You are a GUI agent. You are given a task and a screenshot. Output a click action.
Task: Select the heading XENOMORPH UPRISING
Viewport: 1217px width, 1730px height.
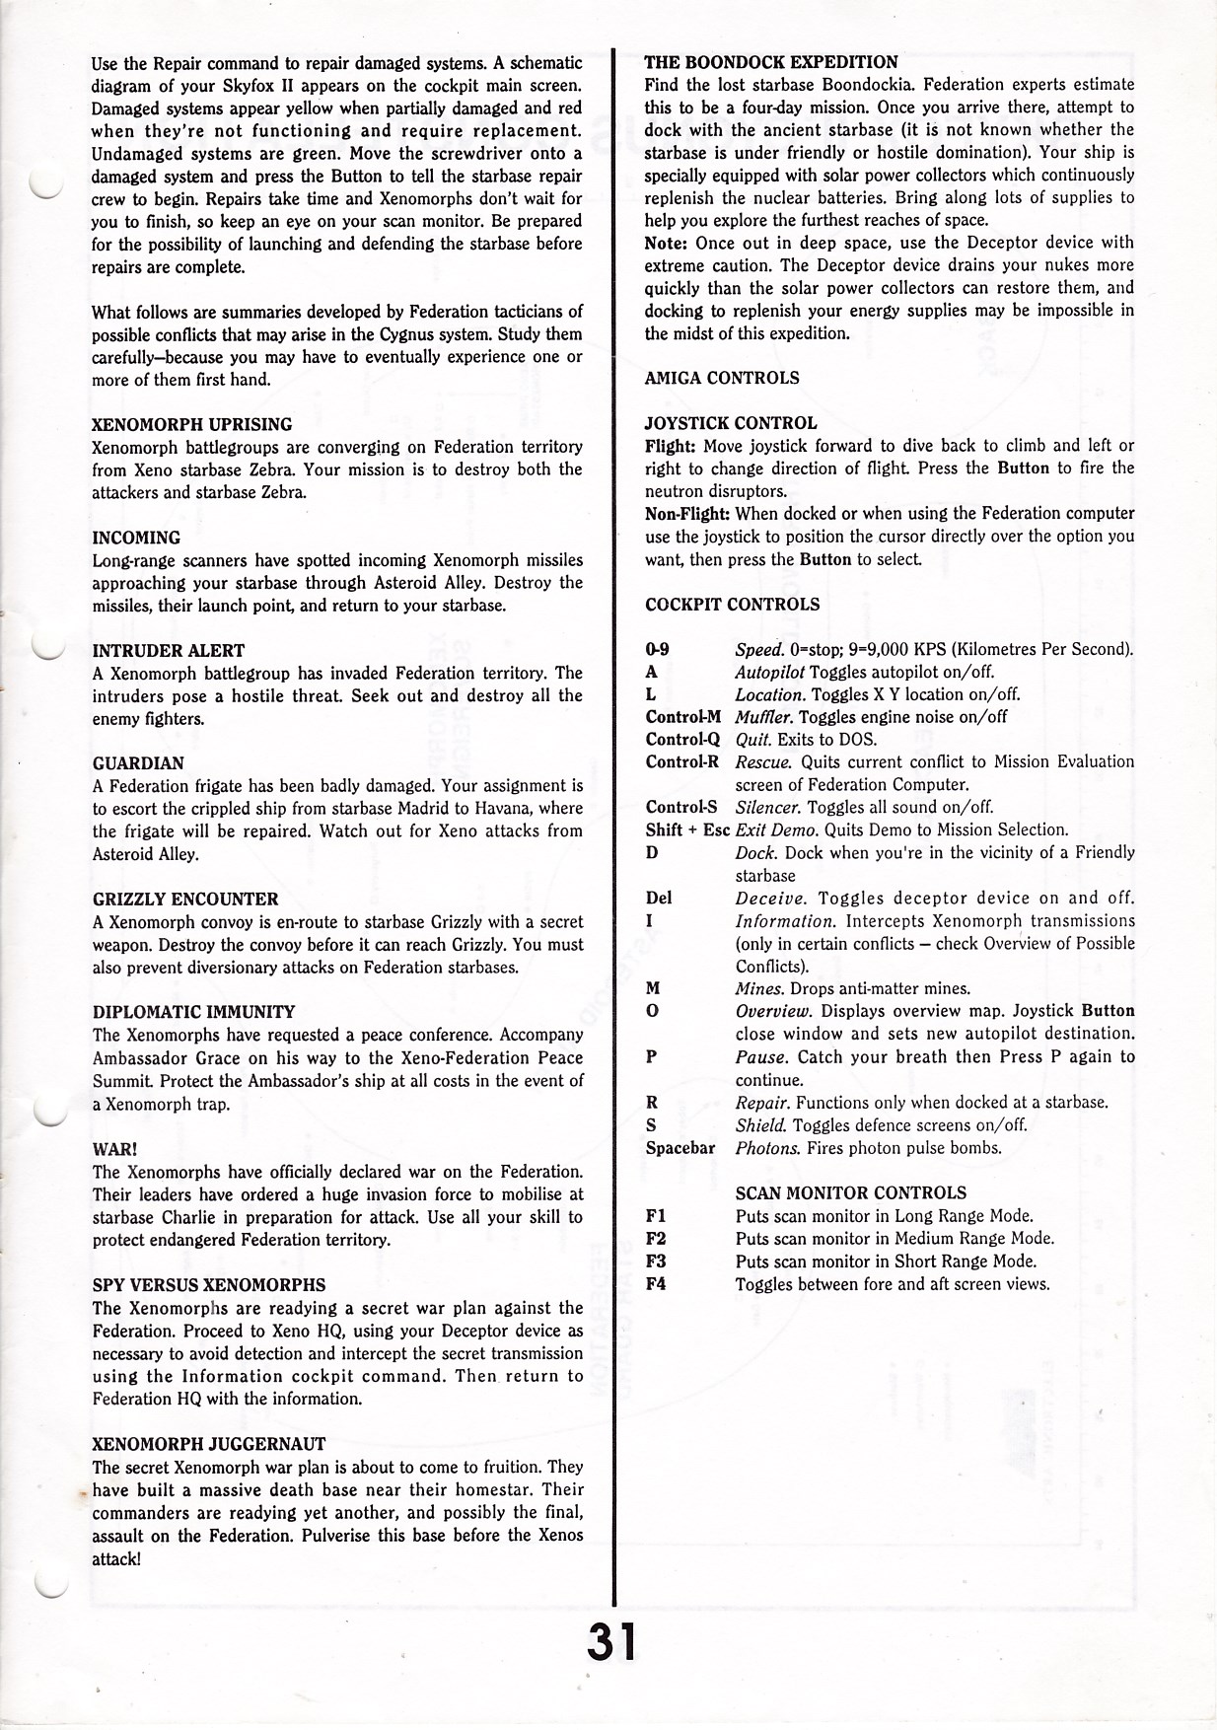point(192,425)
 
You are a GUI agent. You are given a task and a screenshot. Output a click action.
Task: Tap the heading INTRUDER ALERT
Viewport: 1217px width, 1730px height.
point(169,651)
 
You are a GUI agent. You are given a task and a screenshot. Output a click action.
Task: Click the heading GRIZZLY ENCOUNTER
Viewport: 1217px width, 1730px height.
point(185,900)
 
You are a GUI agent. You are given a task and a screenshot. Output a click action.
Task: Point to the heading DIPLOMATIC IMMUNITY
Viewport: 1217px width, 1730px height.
point(194,1012)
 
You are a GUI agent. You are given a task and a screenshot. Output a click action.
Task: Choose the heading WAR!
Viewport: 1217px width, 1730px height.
point(114,1150)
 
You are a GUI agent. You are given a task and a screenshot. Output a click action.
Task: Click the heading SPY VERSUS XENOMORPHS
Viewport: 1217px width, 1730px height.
point(209,1285)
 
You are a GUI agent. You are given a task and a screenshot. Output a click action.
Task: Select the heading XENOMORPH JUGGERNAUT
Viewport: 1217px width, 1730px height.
point(209,1444)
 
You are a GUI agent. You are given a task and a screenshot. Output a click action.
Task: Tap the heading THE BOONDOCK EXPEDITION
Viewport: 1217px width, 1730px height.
point(771,62)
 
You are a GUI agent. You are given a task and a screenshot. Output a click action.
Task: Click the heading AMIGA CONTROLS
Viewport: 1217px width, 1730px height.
point(722,378)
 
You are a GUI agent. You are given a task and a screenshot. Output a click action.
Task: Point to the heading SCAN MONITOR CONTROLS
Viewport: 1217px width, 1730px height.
point(851,1193)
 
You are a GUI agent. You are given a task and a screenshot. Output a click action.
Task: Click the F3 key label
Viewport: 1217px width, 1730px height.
point(656,1261)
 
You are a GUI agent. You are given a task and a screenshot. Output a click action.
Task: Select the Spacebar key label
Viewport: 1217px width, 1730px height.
point(680,1148)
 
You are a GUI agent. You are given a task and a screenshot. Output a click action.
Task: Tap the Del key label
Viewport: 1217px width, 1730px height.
point(659,898)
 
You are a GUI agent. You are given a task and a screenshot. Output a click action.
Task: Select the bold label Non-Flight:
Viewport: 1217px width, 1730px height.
point(687,514)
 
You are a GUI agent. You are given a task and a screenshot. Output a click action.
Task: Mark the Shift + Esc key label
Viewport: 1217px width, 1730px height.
point(687,830)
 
